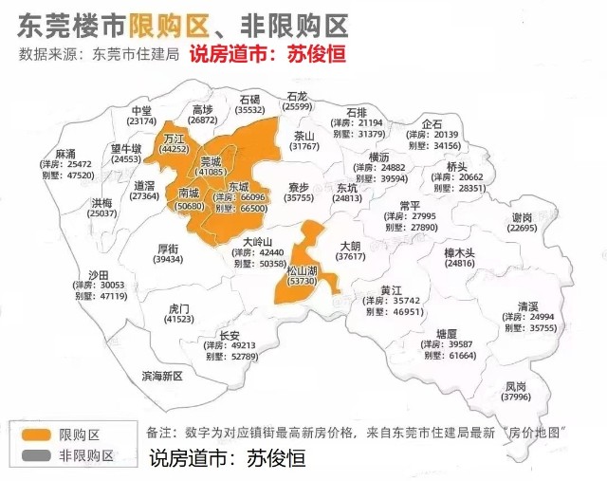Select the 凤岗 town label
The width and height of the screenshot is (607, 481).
click(x=515, y=386)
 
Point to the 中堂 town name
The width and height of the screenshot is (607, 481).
click(x=142, y=110)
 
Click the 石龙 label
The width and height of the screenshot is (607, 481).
click(x=297, y=96)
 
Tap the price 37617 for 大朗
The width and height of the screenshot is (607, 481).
click(x=350, y=256)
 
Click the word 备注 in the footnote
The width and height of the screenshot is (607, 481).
click(x=161, y=432)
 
